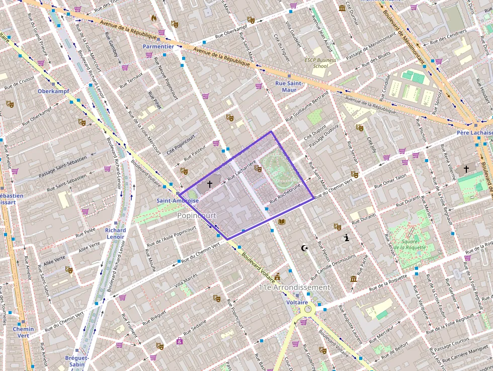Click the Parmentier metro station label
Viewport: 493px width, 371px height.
(x=158, y=46)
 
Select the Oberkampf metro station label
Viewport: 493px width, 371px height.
(x=53, y=91)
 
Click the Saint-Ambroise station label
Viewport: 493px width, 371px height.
(x=177, y=200)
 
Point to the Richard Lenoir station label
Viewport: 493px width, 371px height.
(x=115, y=234)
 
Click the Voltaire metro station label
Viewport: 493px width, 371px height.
(x=297, y=302)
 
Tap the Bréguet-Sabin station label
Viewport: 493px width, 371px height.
(x=77, y=361)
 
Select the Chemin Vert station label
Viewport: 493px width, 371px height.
(x=24, y=332)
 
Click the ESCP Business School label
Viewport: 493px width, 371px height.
(x=320, y=63)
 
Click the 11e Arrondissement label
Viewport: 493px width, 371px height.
(x=294, y=287)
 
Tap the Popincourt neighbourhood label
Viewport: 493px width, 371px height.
(x=196, y=215)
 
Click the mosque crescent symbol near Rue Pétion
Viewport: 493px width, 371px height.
(x=304, y=248)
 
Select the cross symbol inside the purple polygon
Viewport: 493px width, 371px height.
(x=210, y=185)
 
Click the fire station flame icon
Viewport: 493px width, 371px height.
(x=154, y=18)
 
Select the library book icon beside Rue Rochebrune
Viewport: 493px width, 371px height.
(x=282, y=221)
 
